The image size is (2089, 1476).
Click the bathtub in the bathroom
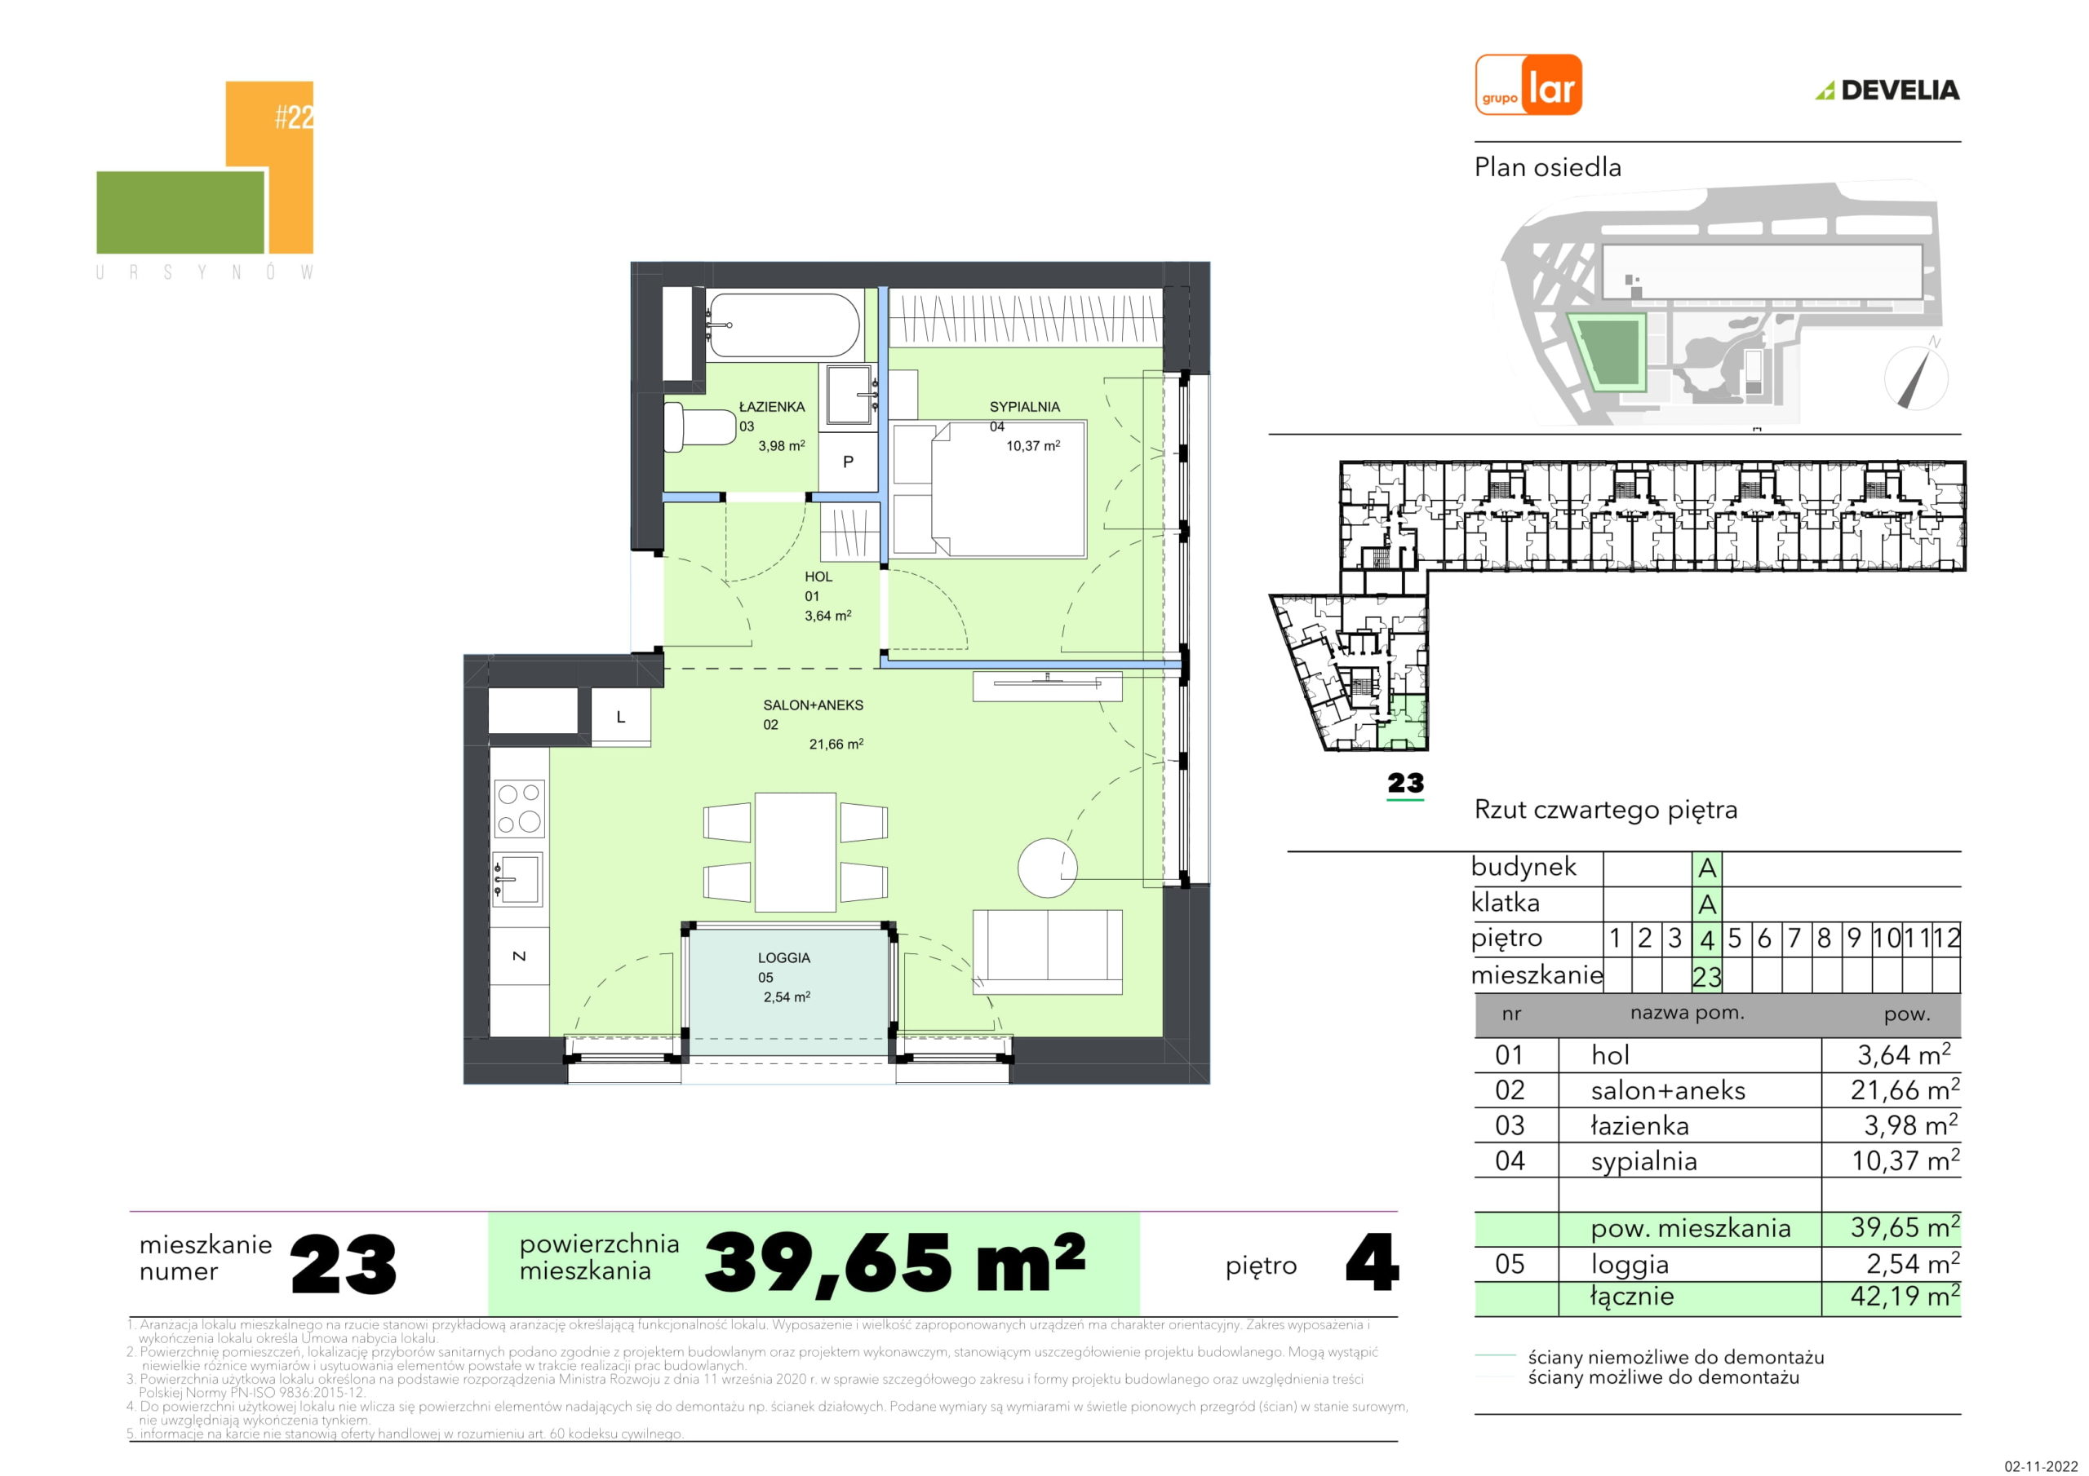[x=783, y=325]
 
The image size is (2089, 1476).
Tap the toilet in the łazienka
[x=699, y=426]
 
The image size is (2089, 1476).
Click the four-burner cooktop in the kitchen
[x=520, y=808]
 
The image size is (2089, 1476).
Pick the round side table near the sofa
[x=1047, y=868]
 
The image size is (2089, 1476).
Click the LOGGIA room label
[x=783, y=957]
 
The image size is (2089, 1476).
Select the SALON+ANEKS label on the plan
[x=813, y=705]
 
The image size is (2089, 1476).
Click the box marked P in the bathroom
[x=848, y=462]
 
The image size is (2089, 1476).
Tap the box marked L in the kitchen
[x=622, y=717]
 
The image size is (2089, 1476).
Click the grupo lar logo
[x=1528, y=85]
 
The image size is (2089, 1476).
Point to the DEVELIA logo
[x=1887, y=90]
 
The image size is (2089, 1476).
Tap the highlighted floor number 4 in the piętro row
[x=1707, y=939]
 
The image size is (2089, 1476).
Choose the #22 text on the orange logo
[x=294, y=117]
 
